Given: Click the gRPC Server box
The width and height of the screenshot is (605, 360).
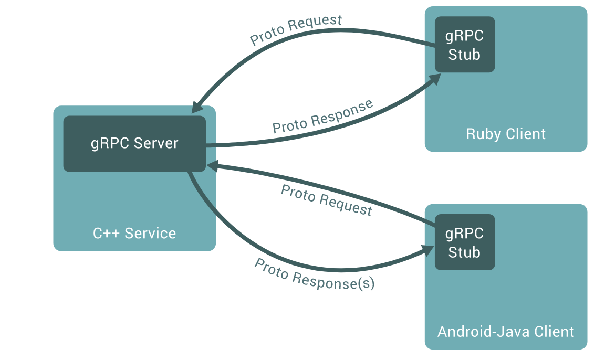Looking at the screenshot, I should pyautogui.click(x=134, y=144).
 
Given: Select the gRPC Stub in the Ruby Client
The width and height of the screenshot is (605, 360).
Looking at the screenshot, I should pyautogui.click(x=464, y=45).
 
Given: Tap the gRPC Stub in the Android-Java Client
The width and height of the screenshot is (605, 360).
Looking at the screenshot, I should pyautogui.click(x=464, y=242).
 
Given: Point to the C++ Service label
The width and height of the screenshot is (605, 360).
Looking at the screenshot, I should pyautogui.click(x=134, y=233).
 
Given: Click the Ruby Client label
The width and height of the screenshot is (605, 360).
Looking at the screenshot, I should pyautogui.click(x=506, y=134).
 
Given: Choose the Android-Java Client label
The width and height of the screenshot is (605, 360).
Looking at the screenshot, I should pyautogui.click(x=506, y=332).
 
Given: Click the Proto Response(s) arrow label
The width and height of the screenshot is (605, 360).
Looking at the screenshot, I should pyautogui.click(x=315, y=274).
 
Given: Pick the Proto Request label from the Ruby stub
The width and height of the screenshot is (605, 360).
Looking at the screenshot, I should pyautogui.click(x=296, y=30).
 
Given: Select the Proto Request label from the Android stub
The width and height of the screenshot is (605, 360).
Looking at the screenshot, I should pyautogui.click(x=326, y=200).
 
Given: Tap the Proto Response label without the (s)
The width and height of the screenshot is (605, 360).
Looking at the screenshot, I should pyautogui.click(x=322, y=116).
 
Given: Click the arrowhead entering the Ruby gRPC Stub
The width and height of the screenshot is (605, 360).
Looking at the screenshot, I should pyautogui.click(x=435, y=79).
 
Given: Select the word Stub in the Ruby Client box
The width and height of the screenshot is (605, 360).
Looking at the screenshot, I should pyautogui.click(x=464, y=54).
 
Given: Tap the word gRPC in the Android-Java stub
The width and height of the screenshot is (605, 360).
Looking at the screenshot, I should pyautogui.click(x=464, y=233).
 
